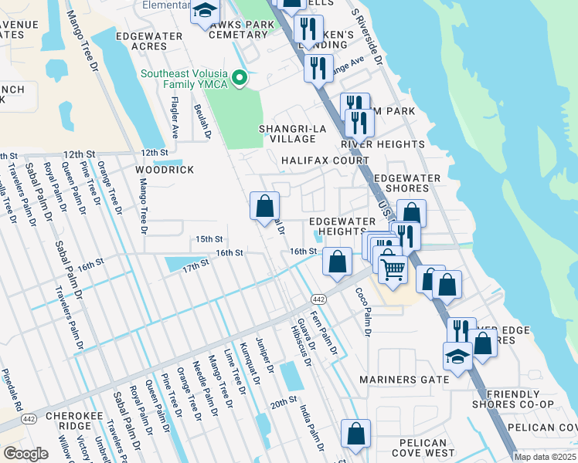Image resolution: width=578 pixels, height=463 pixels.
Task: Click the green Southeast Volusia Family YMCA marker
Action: click(x=240, y=76)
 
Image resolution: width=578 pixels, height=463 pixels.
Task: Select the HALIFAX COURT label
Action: click(x=325, y=161)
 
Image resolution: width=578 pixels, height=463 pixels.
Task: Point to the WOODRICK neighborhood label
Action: click(x=165, y=170)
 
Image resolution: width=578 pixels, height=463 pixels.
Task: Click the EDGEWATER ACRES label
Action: click(x=152, y=41)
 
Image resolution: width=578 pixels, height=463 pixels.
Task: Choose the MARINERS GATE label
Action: click(x=405, y=380)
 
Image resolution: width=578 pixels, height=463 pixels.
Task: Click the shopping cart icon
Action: click(x=393, y=270)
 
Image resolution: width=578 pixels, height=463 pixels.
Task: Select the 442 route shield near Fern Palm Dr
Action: click(x=318, y=299)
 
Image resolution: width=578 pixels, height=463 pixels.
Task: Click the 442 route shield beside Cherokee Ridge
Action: click(x=29, y=419)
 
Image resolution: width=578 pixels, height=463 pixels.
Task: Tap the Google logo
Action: click(x=25, y=454)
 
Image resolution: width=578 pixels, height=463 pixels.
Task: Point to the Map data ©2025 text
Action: click(x=544, y=457)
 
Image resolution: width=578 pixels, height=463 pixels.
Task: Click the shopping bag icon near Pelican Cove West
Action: click(x=355, y=434)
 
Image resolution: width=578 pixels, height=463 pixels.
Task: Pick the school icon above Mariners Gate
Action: click(x=457, y=357)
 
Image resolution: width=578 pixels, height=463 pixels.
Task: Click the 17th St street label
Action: click(x=195, y=264)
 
